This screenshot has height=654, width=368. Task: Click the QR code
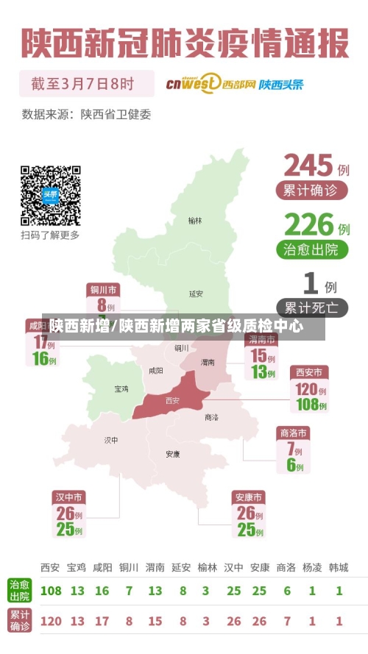click(50, 195)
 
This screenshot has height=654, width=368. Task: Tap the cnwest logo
click(194, 83)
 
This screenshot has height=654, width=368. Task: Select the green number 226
click(309, 224)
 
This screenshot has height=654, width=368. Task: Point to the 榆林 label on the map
click(194, 220)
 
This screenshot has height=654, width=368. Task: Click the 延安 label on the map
click(195, 294)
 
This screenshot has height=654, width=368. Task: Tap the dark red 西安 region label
click(172, 400)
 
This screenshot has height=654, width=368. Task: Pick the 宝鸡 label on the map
click(121, 388)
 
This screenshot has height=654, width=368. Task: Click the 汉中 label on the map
click(111, 440)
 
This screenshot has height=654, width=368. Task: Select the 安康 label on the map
click(173, 454)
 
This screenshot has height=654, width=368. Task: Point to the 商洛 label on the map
click(211, 417)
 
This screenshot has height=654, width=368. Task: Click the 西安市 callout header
click(308, 372)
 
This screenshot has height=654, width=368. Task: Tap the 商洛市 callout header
click(293, 432)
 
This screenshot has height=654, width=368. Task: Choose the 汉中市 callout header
click(68, 497)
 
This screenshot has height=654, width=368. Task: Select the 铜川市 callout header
click(103, 288)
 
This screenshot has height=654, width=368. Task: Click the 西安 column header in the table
click(50, 567)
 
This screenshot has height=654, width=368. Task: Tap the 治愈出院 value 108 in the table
click(51, 591)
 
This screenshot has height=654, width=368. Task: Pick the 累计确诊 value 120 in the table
click(51, 621)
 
